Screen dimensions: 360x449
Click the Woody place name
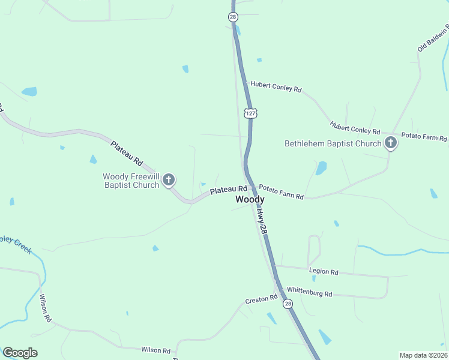(x=250, y=199)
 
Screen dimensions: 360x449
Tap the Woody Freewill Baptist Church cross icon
(x=169, y=179)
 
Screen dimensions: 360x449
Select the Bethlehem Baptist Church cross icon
(x=391, y=143)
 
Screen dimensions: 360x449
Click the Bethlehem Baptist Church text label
(x=333, y=143)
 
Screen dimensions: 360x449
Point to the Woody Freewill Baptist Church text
(x=131, y=181)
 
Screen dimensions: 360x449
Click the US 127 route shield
(x=250, y=113)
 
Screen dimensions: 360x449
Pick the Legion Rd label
(x=324, y=272)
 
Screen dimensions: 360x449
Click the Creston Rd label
(x=261, y=298)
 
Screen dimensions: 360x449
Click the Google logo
(x=20, y=353)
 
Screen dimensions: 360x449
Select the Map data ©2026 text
(x=423, y=355)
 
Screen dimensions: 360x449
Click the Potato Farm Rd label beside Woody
(x=282, y=193)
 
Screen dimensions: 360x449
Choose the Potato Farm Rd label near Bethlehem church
(x=424, y=137)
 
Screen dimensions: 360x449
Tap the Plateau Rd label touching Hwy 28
(x=228, y=190)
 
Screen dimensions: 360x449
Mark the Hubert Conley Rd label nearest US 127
(x=276, y=87)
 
